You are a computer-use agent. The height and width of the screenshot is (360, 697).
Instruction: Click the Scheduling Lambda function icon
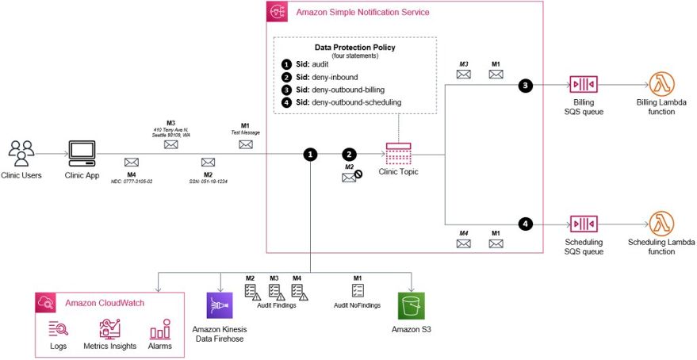tap(661, 224)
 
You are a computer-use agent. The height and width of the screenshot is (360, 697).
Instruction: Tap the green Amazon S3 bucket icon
tap(412, 305)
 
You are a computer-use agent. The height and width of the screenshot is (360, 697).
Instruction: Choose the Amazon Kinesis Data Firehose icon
tap(219, 305)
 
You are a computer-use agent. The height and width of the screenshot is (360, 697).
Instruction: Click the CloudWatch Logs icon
tap(58, 329)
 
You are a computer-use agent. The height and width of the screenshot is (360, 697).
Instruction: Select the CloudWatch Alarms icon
tap(160, 329)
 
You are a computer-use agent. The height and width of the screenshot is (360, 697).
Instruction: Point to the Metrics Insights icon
tap(108, 329)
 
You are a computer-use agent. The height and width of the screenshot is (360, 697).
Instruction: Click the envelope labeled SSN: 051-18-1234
tap(208, 162)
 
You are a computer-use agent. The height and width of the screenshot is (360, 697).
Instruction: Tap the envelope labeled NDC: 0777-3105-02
tap(132, 162)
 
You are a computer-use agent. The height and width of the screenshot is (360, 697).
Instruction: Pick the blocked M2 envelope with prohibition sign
tap(350, 178)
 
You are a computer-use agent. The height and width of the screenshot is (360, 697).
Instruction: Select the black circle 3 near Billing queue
tap(524, 86)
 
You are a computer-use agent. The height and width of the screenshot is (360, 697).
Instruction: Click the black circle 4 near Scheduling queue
tap(524, 224)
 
